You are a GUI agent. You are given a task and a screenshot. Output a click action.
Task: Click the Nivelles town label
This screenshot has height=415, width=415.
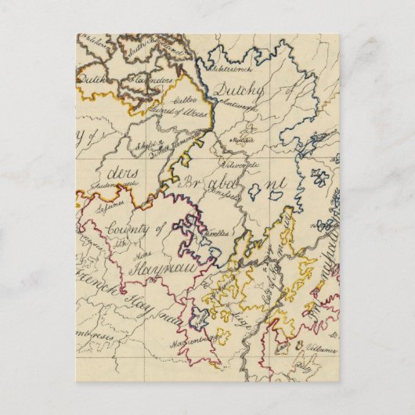tap(218, 233)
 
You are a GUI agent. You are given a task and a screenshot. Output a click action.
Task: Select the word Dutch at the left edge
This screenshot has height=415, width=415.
tap(92, 79)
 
